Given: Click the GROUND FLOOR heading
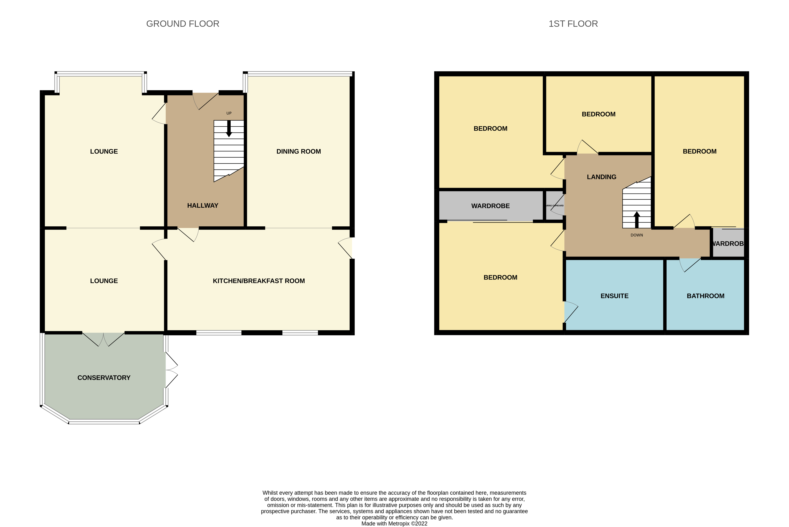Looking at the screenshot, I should pos(183,24).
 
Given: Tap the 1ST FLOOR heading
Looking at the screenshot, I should pos(573,24).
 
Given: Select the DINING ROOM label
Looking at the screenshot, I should pos(298,152).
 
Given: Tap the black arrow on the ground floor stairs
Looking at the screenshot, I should pos(229,129).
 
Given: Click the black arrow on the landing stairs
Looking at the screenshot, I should pos(637,219).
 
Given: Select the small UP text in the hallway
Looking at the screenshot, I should pos(229,113).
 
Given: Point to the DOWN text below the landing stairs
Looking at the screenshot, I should pos(637,235).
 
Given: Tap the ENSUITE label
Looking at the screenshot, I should pos(614,296).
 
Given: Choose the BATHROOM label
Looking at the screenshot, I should pos(705,296).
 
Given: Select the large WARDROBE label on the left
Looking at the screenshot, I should pos(490,206).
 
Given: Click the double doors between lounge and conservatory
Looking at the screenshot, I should pos(103,339).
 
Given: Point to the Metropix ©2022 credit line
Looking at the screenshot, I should pos(394,524).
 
